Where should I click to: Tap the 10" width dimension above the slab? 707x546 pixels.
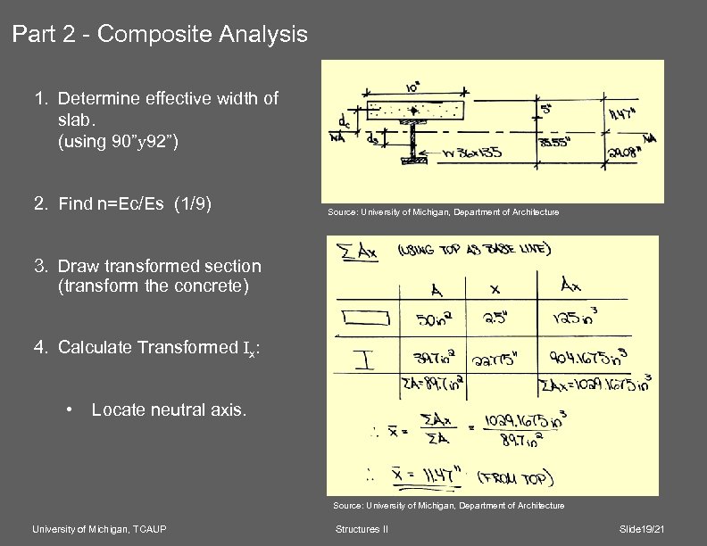tap(415, 88)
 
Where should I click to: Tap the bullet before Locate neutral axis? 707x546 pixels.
tap(70, 410)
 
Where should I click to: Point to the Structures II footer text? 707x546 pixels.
tap(361, 530)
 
